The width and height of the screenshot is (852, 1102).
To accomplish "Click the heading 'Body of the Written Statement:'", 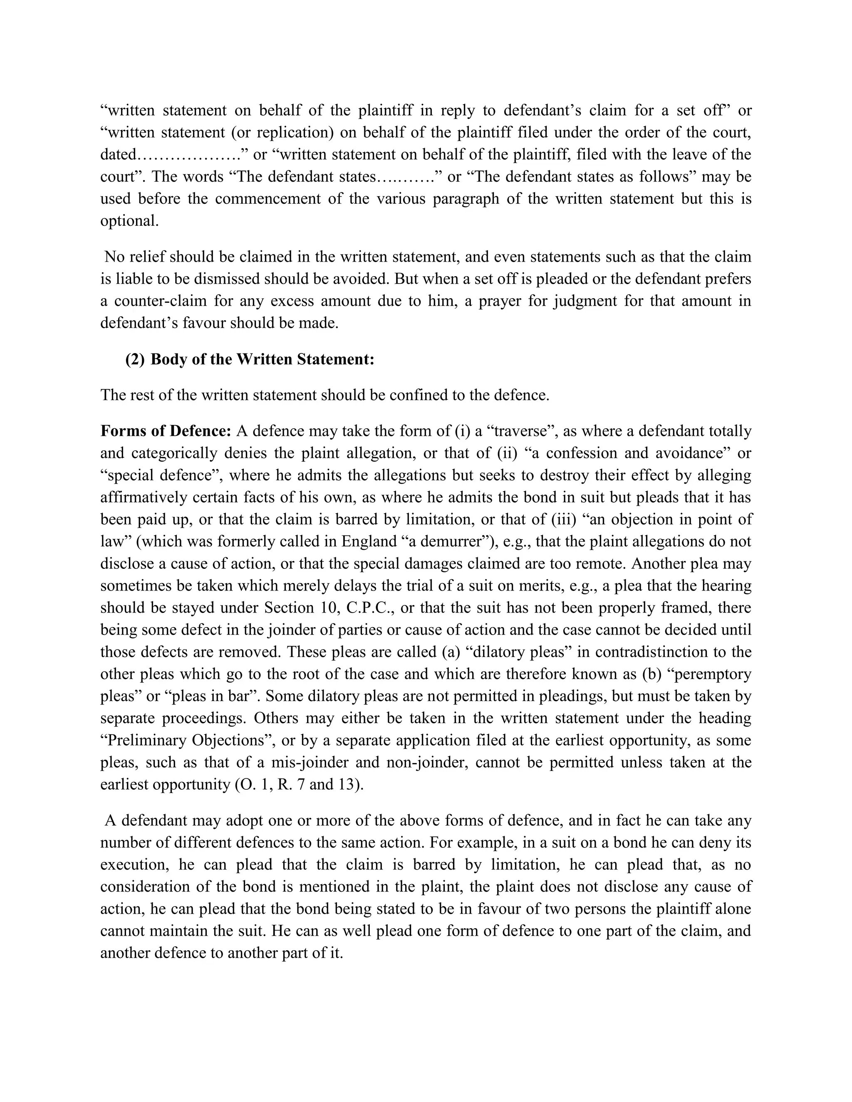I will pos(263,360).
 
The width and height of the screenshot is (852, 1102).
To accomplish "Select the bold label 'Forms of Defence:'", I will pos(166,431).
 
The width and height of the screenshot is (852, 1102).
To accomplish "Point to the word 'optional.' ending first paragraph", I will pos(129,221).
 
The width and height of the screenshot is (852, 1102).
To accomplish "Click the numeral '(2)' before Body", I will pos(135,360).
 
